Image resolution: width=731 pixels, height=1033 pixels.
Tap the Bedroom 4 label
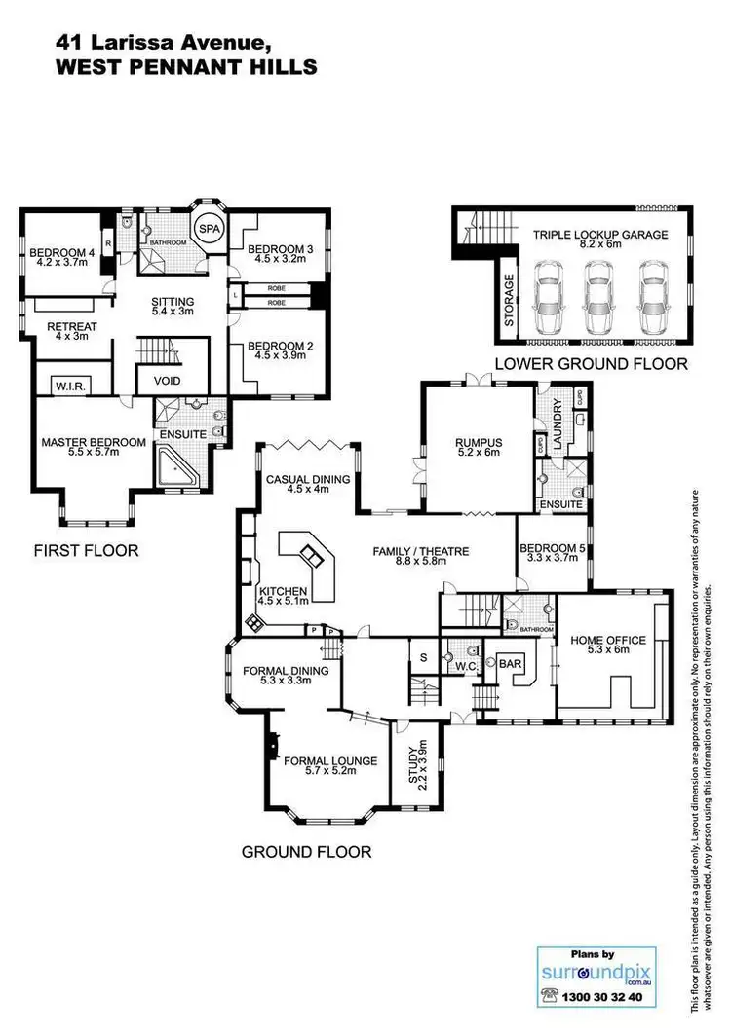[60, 253]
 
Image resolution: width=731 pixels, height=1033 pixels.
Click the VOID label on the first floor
[169, 381]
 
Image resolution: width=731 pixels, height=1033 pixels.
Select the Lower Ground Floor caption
[591, 364]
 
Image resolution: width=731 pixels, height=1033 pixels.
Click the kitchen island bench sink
[314, 556]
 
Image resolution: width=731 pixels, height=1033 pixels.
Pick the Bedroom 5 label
[552, 549]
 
